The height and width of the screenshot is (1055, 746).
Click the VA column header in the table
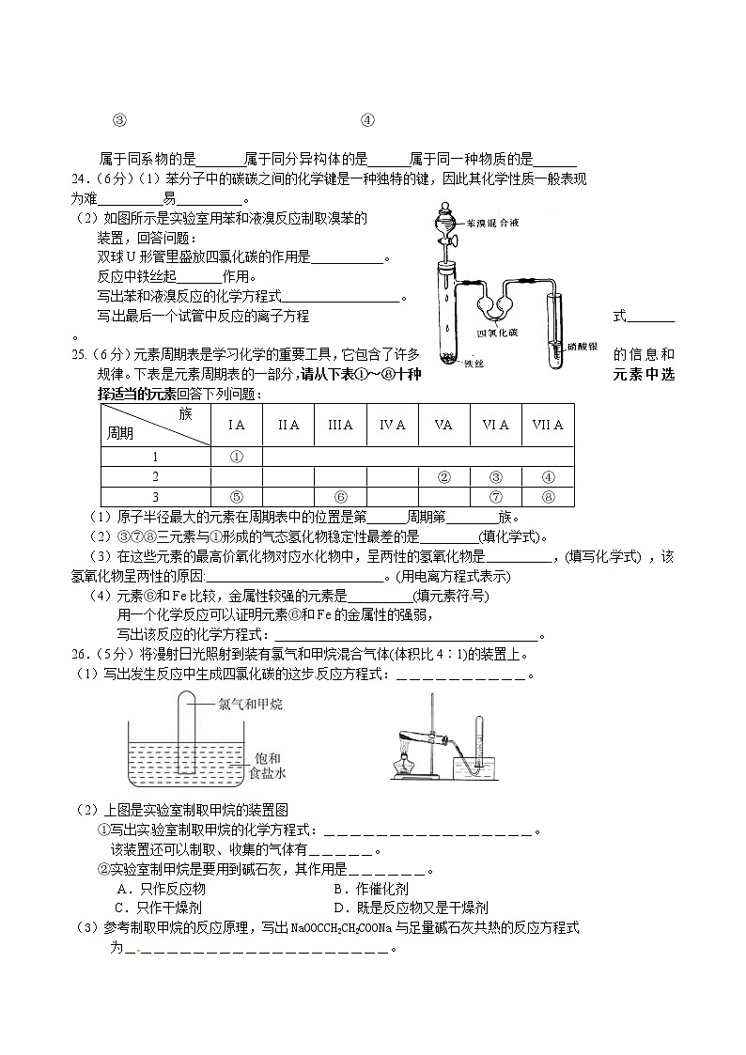443,426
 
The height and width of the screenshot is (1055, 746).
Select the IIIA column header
340,426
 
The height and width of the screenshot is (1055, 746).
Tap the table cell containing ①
237,457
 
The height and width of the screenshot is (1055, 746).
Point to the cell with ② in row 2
443,477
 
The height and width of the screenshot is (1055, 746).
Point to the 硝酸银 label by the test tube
585,348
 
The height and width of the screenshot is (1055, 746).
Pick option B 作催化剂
365,889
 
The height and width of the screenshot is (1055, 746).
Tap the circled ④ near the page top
367,120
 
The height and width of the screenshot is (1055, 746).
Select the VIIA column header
548,426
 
